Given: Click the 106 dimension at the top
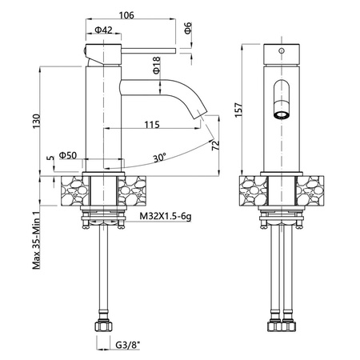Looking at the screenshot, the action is pyautogui.click(x=126, y=15).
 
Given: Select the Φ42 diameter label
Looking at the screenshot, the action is pyautogui.click(x=103, y=30).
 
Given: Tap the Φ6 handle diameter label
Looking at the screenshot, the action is pyautogui.click(x=188, y=28).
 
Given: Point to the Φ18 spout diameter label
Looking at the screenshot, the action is pyautogui.click(x=156, y=65).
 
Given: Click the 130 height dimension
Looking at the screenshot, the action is pyautogui.click(x=36, y=122).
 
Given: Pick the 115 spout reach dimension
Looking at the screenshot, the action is pyautogui.click(x=152, y=125).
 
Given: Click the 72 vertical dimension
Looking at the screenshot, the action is pyautogui.click(x=215, y=145).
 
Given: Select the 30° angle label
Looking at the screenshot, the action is pyautogui.click(x=160, y=158).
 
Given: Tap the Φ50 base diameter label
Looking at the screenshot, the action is pyautogui.click(x=68, y=155).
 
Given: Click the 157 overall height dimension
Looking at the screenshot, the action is pyautogui.click(x=238, y=110).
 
